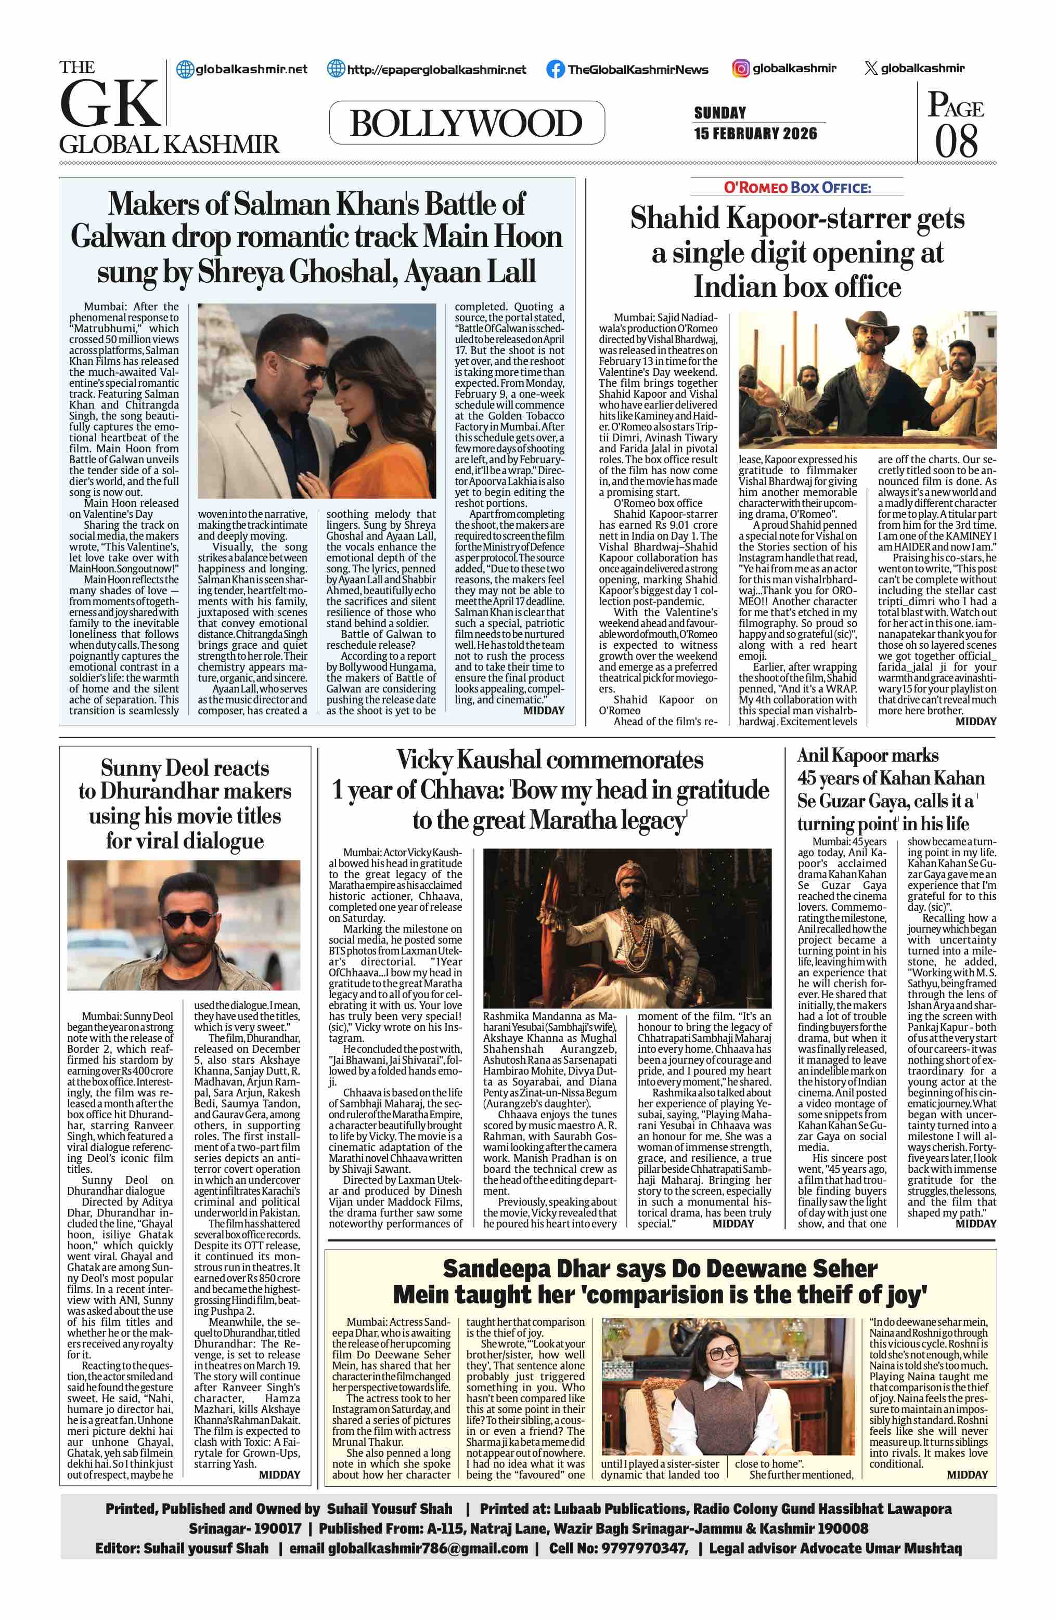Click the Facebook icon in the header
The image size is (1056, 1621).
click(x=555, y=69)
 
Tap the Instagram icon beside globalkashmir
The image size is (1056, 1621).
click(x=741, y=68)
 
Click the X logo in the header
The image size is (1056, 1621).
click(x=870, y=68)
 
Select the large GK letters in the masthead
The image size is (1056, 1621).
click(x=109, y=104)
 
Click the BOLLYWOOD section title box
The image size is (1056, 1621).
click(x=466, y=123)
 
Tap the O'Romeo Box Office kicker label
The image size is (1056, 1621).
click(x=796, y=187)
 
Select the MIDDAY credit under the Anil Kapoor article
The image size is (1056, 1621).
click(x=975, y=1224)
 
